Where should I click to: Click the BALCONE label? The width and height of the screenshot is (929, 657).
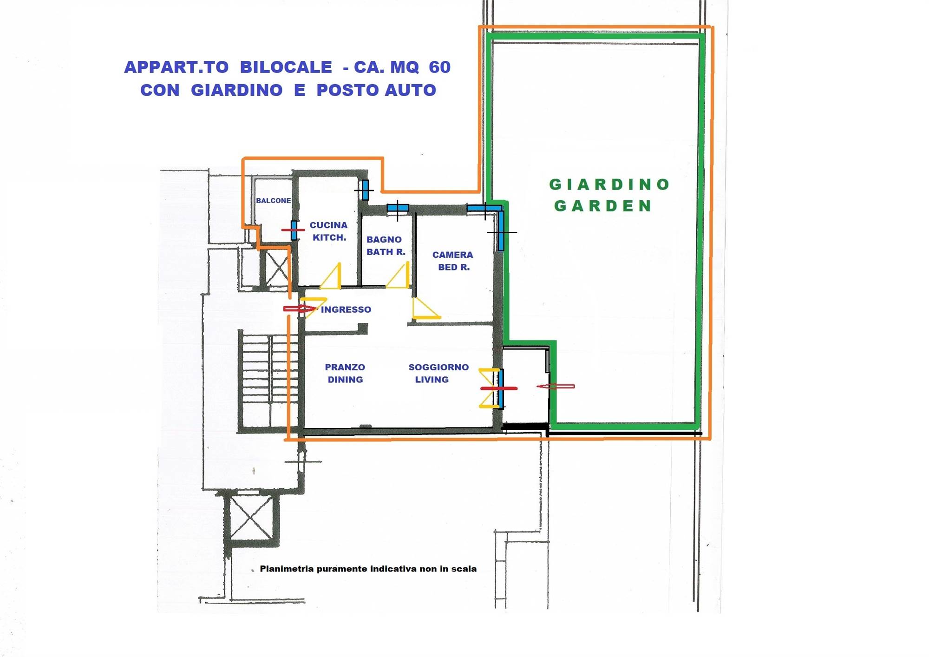click(x=274, y=201)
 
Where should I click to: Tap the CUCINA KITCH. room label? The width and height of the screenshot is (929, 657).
click(x=329, y=231)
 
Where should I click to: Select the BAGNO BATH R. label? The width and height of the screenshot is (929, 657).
click(x=386, y=246)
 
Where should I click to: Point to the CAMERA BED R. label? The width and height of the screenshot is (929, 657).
click(x=453, y=261)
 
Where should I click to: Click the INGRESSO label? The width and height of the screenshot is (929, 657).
click(x=346, y=309)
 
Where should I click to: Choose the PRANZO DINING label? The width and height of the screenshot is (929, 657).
click(x=345, y=373)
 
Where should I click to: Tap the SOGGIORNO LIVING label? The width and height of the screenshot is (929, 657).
click(x=438, y=373)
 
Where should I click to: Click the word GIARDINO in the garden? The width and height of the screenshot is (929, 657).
click(x=609, y=184)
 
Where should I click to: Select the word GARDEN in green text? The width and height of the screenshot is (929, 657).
click(x=603, y=205)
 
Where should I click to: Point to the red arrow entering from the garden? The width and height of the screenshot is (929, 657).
click(x=556, y=386)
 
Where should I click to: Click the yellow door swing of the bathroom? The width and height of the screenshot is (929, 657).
click(x=398, y=275)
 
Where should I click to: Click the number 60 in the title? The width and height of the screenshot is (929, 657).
click(x=440, y=67)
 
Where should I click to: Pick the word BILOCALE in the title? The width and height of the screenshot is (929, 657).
click(x=286, y=67)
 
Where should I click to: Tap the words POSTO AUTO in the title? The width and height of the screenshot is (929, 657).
click(x=376, y=90)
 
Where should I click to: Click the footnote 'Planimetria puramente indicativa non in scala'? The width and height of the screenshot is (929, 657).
click(x=368, y=569)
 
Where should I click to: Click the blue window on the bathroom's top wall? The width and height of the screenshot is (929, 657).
click(x=398, y=208)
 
